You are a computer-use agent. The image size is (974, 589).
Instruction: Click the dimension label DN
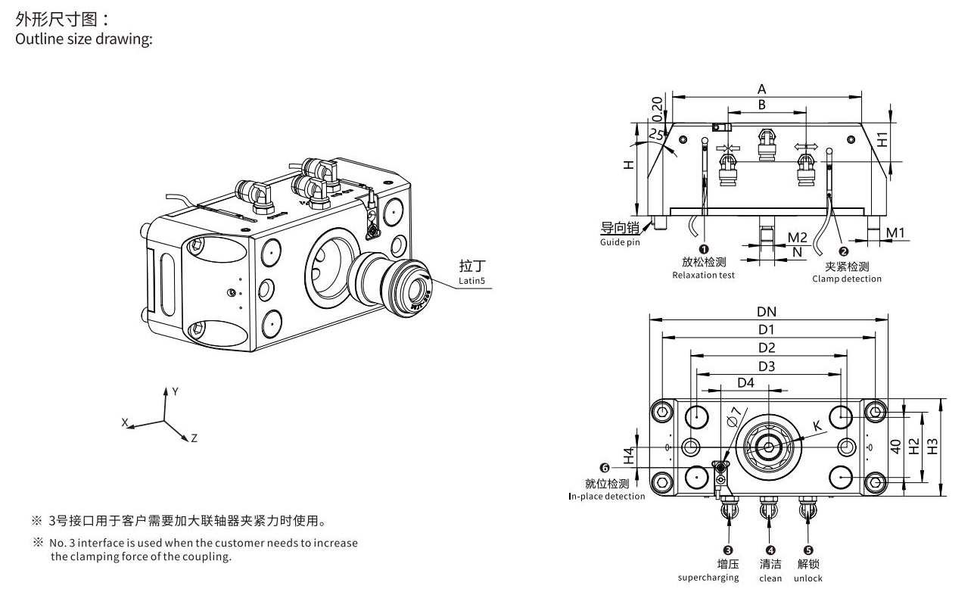pyautogui.click(x=767, y=312)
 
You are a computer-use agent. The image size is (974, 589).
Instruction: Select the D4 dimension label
pyautogui.click(x=745, y=383)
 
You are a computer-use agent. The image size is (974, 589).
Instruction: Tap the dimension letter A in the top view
pyautogui.click(x=761, y=89)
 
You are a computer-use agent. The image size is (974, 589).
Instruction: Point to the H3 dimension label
pyautogui.click(x=932, y=447)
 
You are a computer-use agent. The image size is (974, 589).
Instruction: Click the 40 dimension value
pyautogui.click(x=895, y=447)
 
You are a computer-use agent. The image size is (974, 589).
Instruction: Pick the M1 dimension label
pyautogui.click(x=895, y=232)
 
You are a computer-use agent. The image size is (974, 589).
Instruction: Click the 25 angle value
pyautogui.click(x=656, y=134)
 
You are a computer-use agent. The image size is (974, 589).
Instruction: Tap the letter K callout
pyautogui.click(x=817, y=426)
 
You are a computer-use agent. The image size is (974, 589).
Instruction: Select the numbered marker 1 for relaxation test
pyautogui.click(x=703, y=249)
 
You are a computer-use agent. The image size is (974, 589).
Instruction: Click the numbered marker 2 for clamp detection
pyautogui.click(x=845, y=252)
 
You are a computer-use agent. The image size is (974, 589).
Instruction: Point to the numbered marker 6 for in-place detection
pyautogui.click(x=604, y=469)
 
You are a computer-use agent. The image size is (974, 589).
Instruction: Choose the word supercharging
pyautogui.click(x=708, y=578)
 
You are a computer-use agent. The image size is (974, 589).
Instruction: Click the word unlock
pyautogui.click(x=808, y=578)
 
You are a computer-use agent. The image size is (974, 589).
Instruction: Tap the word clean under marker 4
pyautogui.click(x=770, y=578)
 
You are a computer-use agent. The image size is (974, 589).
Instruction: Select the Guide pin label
pyautogui.click(x=619, y=242)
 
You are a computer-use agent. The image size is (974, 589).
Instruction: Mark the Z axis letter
pyautogui.click(x=194, y=438)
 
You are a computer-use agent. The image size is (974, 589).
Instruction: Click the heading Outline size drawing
pyautogui.click(x=84, y=39)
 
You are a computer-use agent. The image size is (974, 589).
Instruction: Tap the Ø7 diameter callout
pyautogui.click(x=733, y=417)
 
